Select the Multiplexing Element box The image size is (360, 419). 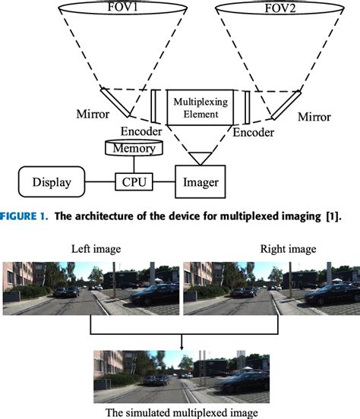click(x=201, y=109)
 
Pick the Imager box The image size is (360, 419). click(x=201, y=182)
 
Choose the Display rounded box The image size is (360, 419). click(x=52, y=182)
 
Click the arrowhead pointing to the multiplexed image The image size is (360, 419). click(x=182, y=345)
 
